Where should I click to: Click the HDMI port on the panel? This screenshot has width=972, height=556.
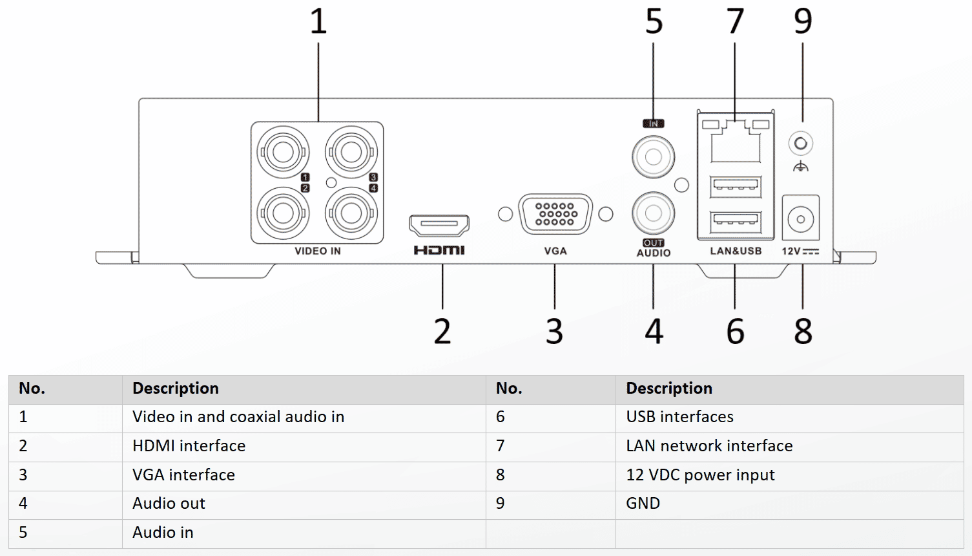[x=439, y=225]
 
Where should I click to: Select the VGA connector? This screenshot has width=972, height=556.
[x=555, y=214]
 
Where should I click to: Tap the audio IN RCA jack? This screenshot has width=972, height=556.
[x=653, y=157]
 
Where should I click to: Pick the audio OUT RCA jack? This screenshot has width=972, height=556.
[x=653, y=213]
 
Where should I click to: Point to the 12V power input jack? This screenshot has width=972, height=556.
[x=801, y=219]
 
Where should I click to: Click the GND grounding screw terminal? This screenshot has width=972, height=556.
[x=801, y=144]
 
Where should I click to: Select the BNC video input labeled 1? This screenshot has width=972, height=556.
[x=283, y=152]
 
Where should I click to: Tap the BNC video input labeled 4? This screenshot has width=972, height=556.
[x=351, y=213]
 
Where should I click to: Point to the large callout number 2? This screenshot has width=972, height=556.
[x=442, y=331]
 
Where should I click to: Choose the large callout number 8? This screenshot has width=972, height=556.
[x=803, y=331]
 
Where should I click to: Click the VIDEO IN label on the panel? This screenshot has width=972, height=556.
[x=318, y=251]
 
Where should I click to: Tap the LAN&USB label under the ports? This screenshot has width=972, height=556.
[x=736, y=251]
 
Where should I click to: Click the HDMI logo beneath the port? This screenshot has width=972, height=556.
[x=439, y=250]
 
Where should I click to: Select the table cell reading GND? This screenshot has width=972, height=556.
[x=643, y=504]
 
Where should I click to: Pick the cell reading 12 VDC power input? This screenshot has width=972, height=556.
[x=700, y=475]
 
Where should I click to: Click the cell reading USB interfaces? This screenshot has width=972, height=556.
[x=679, y=416]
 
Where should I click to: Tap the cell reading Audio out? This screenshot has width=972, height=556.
[x=169, y=504]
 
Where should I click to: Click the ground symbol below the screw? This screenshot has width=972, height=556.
[x=801, y=166]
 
